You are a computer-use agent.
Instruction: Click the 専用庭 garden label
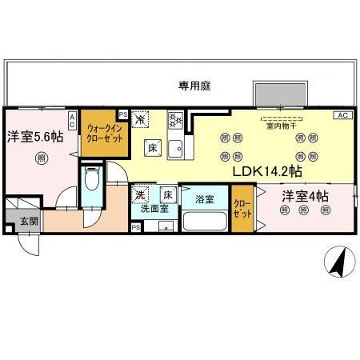point(194,86)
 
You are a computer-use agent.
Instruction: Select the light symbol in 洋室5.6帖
point(41,158)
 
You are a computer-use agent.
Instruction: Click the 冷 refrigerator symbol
point(140,118)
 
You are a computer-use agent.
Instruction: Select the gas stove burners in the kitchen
point(176,122)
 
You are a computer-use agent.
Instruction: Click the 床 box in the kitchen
point(152,146)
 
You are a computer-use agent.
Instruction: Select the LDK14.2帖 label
point(267,170)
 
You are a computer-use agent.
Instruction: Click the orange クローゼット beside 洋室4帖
point(242,210)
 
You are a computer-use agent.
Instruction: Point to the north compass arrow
point(338,261)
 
